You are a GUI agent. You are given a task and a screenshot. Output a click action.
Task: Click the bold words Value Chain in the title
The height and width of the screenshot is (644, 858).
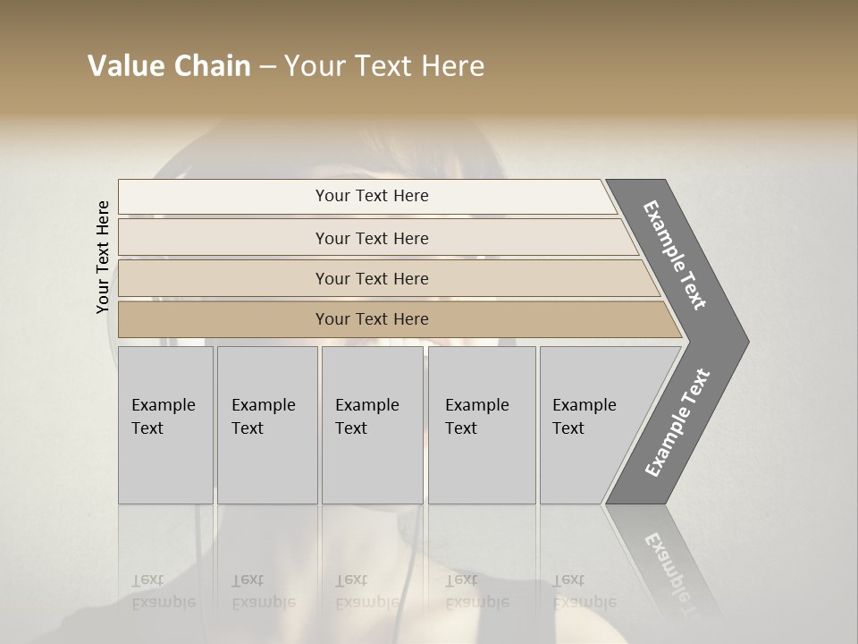pyautogui.click(x=169, y=66)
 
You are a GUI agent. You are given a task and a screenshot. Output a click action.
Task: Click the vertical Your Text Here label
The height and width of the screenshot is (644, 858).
pyautogui.click(x=103, y=257)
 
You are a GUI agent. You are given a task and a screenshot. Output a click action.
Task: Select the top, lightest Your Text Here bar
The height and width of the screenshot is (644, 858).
pyautogui.click(x=371, y=196)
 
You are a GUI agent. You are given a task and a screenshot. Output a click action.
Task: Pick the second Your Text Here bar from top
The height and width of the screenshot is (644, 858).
pyautogui.click(x=371, y=238)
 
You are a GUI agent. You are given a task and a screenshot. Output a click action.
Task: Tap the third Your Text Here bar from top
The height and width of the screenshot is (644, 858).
pyautogui.click(x=371, y=278)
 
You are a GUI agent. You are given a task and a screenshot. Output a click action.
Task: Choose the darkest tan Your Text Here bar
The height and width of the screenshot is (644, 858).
pyautogui.click(x=371, y=319)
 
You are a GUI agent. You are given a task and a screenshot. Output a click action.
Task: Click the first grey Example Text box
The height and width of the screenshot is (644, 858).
pyautogui.click(x=165, y=424)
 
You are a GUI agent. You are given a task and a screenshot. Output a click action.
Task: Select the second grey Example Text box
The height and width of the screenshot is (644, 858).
pyautogui.click(x=266, y=424)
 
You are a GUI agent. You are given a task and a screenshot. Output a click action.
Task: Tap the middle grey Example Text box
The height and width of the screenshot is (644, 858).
pyautogui.click(x=372, y=424)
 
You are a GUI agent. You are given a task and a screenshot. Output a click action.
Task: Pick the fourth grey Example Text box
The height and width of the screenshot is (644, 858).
pyautogui.click(x=481, y=424)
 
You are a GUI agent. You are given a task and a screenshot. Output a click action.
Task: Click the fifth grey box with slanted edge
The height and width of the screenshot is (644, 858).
pyautogui.click(x=594, y=424)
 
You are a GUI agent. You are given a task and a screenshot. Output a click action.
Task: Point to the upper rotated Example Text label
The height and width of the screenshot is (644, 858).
pyautogui.click(x=676, y=255)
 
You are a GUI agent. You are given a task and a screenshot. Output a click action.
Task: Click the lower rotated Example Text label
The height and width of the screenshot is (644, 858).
pyautogui.click(x=677, y=422)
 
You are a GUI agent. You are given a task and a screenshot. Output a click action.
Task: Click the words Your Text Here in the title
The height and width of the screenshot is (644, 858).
pyautogui.click(x=384, y=66)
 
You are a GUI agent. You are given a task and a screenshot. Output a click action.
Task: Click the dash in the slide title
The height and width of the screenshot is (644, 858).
pyautogui.click(x=267, y=67)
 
